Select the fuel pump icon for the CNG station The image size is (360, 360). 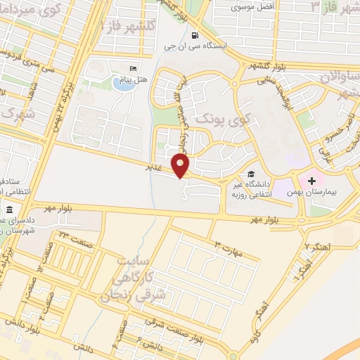coord(194,35)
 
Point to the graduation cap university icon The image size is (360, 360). coord(250,174)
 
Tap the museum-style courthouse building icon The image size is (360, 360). coord(10,210)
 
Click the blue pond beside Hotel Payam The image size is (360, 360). coord(121,84)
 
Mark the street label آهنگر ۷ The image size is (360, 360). coord(317,247)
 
